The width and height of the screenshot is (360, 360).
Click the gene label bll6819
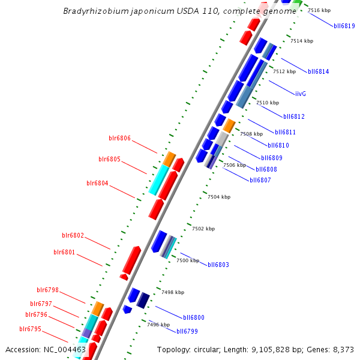[344, 26]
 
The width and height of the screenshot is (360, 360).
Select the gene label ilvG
[301, 94]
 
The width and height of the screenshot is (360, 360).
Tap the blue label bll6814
[318, 71]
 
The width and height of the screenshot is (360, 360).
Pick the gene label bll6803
[218, 265]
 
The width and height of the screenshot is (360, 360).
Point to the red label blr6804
[97, 183]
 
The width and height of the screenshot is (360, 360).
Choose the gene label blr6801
[64, 252]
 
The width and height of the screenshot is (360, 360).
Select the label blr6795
[30, 329]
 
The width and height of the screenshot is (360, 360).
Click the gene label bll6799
[187, 331]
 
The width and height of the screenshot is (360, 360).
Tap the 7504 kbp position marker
[219, 197]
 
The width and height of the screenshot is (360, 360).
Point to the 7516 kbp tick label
[319, 10]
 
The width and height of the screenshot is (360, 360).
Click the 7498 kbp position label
[173, 292]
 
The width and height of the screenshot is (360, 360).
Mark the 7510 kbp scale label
[268, 103]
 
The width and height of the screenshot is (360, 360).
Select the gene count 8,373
[343, 349]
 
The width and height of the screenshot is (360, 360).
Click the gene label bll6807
[260, 180]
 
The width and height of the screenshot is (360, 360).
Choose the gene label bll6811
[285, 132]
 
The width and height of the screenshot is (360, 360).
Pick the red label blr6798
[47, 290]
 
